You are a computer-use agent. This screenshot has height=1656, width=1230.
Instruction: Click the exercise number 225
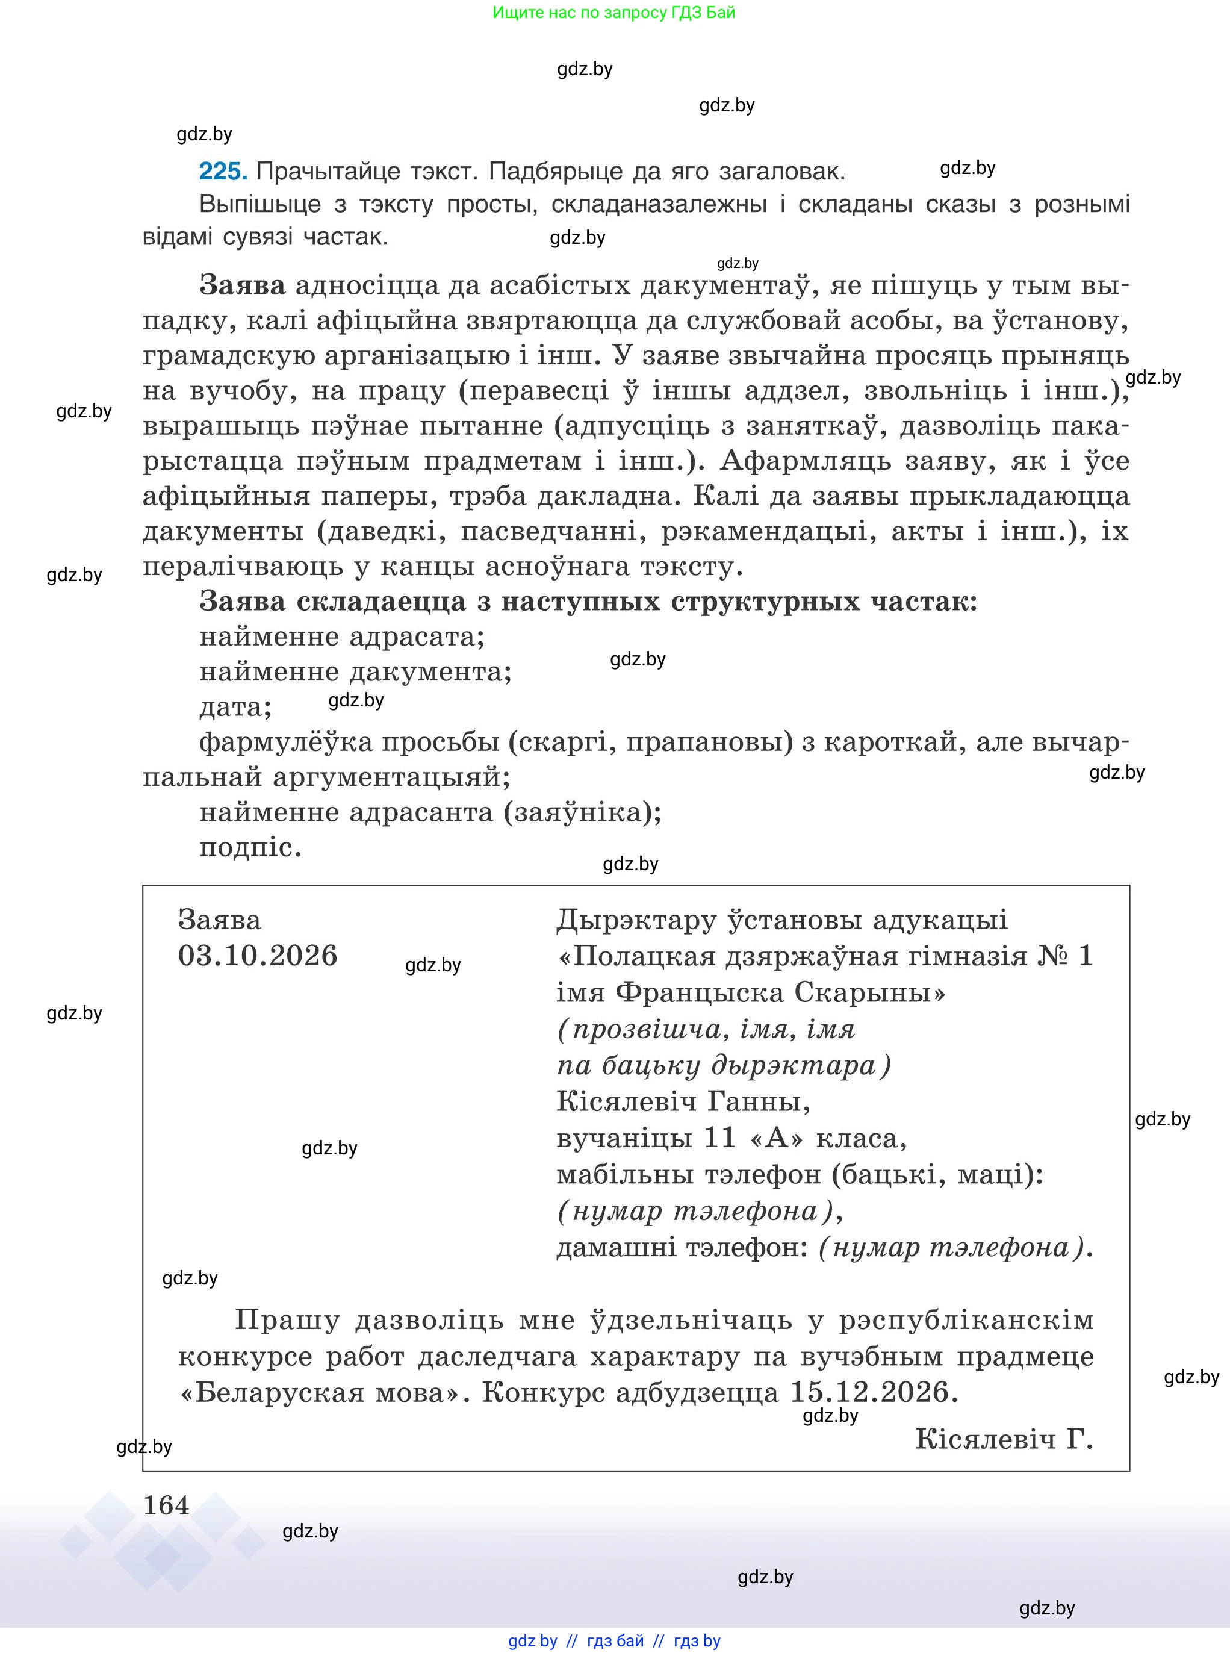click(223, 172)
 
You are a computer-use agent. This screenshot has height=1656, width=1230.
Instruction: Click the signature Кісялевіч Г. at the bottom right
click(1004, 1439)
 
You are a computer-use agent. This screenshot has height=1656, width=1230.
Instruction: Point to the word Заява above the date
click(220, 920)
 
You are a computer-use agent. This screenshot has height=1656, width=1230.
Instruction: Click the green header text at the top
click(613, 13)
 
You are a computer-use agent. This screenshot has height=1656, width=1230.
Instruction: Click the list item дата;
click(235, 706)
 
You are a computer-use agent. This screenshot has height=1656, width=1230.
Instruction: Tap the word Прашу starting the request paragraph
click(287, 1320)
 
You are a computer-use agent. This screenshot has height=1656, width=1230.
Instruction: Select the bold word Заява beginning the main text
click(243, 285)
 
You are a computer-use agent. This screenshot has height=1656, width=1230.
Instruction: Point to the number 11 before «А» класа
click(719, 1138)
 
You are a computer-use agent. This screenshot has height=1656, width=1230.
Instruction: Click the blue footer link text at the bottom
click(614, 1641)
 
